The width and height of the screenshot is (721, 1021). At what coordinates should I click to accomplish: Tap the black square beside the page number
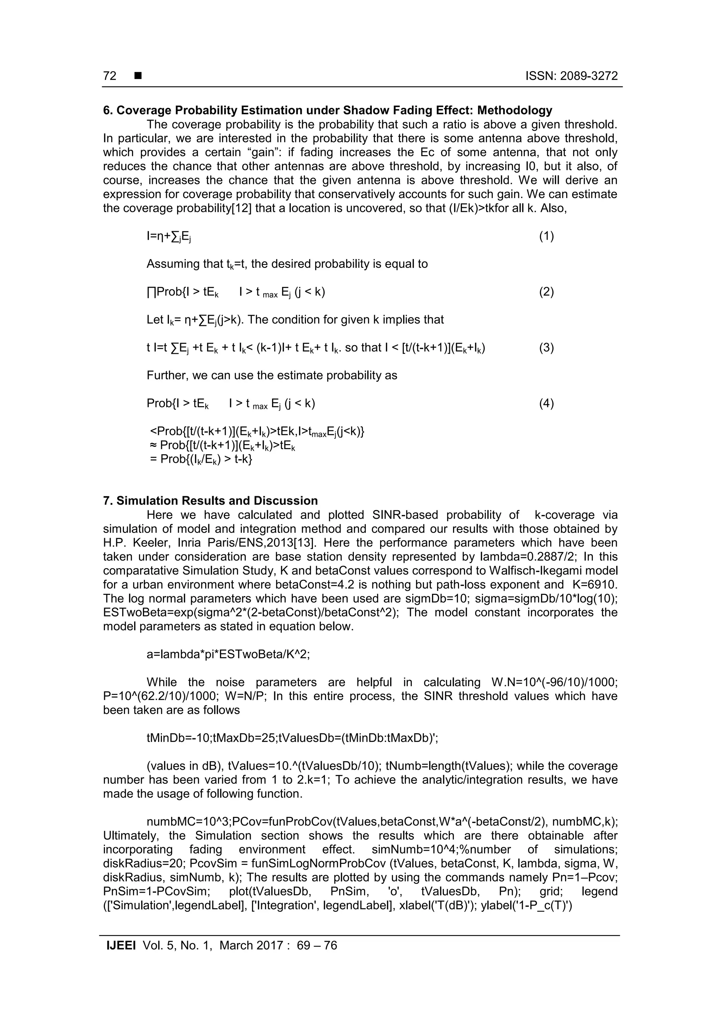click(138, 76)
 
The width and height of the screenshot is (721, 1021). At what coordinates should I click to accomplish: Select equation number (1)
click(546, 236)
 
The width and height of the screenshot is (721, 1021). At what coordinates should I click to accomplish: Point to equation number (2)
click(546, 292)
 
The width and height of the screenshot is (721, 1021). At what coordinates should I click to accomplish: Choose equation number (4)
click(546, 403)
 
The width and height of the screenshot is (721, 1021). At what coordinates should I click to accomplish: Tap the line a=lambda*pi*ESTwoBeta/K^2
click(228, 654)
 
